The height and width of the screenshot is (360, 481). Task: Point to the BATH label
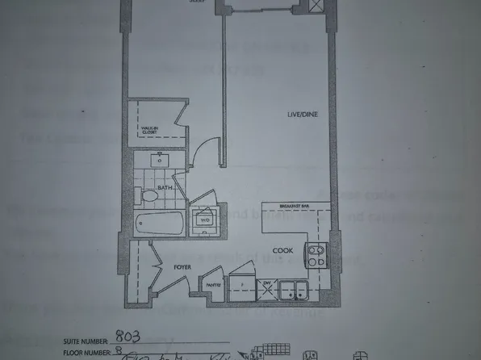[x=165, y=188]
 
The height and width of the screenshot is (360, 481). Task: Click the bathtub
[x=158, y=223]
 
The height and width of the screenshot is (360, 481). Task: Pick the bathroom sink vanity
[x=158, y=160]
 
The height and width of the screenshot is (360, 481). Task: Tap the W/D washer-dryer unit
[x=204, y=218]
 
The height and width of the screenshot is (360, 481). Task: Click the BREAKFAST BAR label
[x=295, y=207]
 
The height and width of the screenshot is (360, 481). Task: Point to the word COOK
[x=281, y=250]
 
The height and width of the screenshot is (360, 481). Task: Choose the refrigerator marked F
[x=240, y=287]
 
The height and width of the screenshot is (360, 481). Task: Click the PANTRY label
[x=212, y=283]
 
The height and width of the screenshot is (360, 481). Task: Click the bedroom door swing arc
[x=203, y=151]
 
